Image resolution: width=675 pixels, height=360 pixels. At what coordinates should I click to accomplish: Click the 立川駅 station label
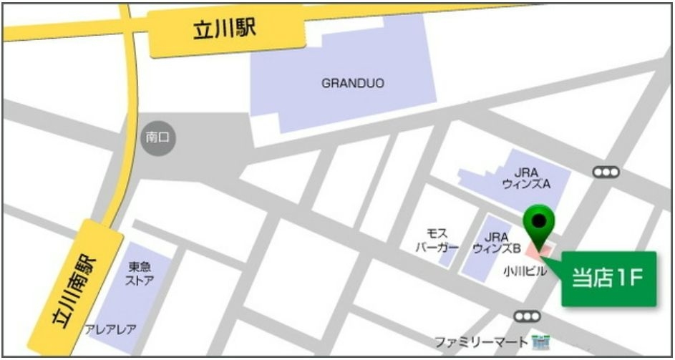pos(225,30)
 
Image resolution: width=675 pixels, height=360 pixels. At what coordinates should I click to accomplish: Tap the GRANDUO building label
pos(352,83)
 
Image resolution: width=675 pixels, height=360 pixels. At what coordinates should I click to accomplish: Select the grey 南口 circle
pos(157,137)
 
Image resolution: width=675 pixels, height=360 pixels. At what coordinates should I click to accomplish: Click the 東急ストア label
pos(140,273)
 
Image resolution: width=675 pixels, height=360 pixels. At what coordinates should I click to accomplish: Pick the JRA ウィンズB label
pos(496,242)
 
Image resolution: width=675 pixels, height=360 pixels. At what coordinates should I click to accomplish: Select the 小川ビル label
pos(525,271)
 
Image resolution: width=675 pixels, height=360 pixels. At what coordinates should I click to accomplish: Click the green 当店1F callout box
pos(608,278)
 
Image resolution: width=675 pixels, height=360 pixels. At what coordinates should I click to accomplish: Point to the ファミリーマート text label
pos(482,341)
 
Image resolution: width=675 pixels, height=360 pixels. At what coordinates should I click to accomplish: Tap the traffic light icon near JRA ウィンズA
pos(606,172)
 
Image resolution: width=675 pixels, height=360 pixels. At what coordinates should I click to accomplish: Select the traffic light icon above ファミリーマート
pos(527,316)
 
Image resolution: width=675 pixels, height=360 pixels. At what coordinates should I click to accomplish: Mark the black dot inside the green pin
pos(539,219)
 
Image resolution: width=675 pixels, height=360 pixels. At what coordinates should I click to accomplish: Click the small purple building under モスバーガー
pos(447,259)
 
